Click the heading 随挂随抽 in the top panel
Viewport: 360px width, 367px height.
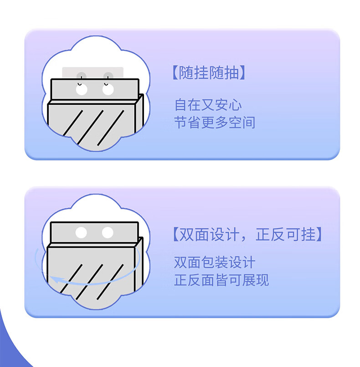pos(209,72)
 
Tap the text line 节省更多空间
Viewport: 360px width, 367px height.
pos(215,122)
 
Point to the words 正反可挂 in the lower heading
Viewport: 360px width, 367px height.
pos(286,234)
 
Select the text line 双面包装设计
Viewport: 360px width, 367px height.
pos(215,262)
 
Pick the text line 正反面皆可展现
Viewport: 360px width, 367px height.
pos(221,280)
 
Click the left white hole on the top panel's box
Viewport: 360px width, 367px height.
pos(82,89)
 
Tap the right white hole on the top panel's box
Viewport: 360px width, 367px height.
pos(108,89)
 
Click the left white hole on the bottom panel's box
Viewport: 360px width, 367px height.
pos(81,233)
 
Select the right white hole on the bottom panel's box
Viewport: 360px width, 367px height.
pos(108,233)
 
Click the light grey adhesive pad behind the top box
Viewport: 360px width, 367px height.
pos(93,73)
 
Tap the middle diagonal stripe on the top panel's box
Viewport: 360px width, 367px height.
pos(90,127)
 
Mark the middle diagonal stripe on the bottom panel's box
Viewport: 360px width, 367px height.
pos(89,282)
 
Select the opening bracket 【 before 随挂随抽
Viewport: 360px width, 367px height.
pos(175,72)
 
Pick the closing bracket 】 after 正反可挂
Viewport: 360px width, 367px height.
pos(319,234)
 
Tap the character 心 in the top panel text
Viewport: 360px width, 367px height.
pos(235,105)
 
